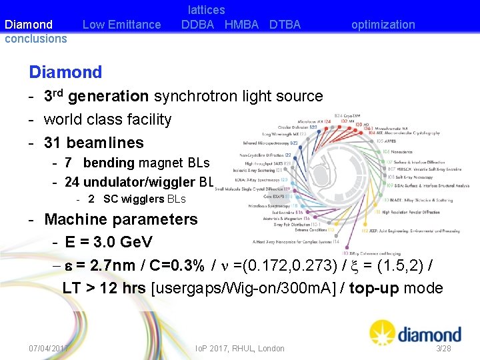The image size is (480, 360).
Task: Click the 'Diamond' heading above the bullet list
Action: [65, 72]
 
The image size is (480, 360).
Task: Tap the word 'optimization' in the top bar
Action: [383, 25]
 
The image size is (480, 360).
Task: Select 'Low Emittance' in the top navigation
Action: [121, 25]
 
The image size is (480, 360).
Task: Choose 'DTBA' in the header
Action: [285, 25]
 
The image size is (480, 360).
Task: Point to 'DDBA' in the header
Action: [197, 25]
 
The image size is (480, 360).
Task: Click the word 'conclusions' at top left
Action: [36, 39]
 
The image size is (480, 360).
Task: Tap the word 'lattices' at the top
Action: [206, 10]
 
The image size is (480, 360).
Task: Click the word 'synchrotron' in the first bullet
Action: [195, 97]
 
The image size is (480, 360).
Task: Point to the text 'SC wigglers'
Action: [133, 199]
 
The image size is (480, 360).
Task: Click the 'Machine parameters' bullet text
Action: [121, 219]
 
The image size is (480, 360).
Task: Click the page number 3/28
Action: [443, 349]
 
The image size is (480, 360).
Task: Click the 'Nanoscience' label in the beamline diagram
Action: [404, 152]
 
